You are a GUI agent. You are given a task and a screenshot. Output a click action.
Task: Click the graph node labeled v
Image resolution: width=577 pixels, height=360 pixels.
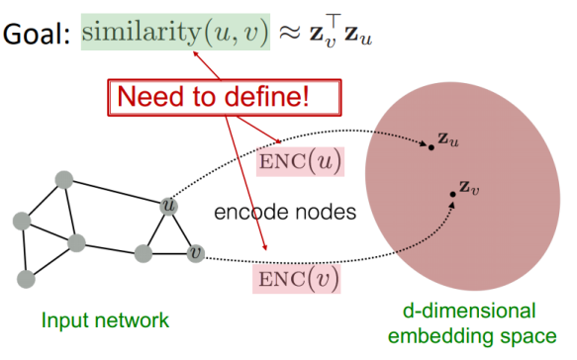(x=195, y=253)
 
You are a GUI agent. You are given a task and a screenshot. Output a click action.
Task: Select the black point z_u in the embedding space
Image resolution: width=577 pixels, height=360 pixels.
(x=431, y=147)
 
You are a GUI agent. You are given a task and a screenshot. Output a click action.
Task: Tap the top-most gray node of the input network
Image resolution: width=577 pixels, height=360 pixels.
(x=65, y=180)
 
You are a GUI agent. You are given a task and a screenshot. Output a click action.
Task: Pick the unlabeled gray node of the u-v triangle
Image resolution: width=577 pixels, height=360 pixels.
(x=144, y=254)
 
